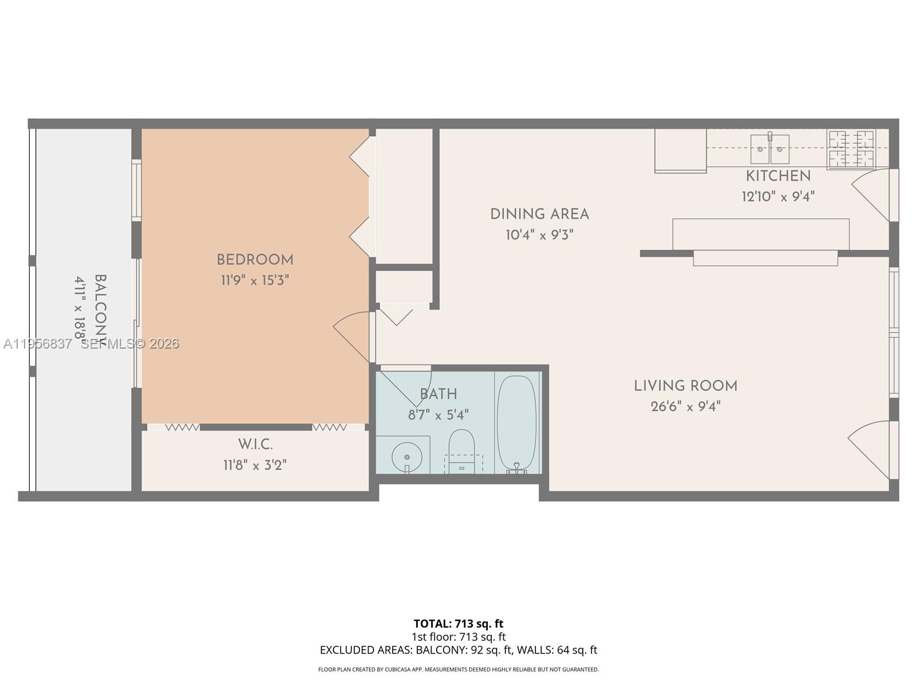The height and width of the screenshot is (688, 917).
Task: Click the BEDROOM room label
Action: pyautogui.click(x=255, y=260)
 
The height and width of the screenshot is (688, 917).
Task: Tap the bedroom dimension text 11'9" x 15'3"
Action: pyautogui.click(x=255, y=280)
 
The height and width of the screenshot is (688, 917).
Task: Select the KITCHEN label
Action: pyautogui.click(x=778, y=176)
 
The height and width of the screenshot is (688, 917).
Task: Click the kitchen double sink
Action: pyautogui.click(x=770, y=148)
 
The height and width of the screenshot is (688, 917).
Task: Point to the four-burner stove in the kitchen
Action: pyautogui.click(x=851, y=149)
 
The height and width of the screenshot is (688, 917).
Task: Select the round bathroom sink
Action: pyautogui.click(x=407, y=457)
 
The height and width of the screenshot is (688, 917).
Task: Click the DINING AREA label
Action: pyautogui.click(x=539, y=214)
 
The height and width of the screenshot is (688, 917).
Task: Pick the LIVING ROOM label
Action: pyautogui.click(x=685, y=386)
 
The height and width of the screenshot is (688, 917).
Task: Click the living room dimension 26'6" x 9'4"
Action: pyautogui.click(x=685, y=406)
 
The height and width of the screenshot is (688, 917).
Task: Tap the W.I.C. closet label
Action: pyautogui.click(x=255, y=444)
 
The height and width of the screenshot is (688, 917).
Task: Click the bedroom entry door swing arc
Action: pyautogui.click(x=351, y=335)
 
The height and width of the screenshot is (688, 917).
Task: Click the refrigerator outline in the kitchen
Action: pyautogui.click(x=680, y=150)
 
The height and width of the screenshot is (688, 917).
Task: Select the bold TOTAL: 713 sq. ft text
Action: pyautogui.click(x=458, y=623)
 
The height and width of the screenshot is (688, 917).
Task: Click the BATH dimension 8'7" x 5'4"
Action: pyautogui.click(x=438, y=415)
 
